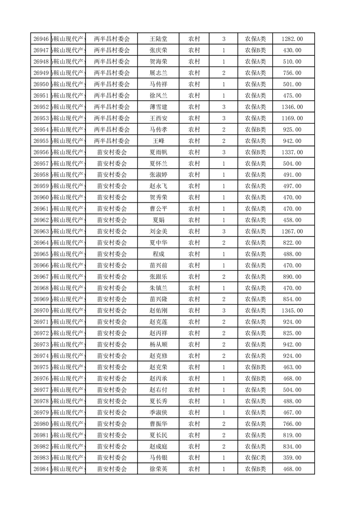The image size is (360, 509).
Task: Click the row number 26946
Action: coord(41,39)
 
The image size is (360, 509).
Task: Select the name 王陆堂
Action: coord(158,39)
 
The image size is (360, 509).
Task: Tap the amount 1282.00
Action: coord(292,39)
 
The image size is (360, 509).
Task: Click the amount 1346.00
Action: coord(292,107)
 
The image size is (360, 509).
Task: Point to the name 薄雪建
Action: coord(158,107)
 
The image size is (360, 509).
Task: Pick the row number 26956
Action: coord(41,152)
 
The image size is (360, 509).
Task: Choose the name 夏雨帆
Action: coord(158,152)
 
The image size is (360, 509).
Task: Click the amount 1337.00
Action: coord(292,152)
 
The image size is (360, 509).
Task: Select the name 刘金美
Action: coord(158,231)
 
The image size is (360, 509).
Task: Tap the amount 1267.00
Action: coord(292,231)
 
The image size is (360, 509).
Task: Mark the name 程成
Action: coord(158,254)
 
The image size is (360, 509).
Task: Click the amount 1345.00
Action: coord(292,311)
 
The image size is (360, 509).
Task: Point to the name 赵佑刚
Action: coord(158,311)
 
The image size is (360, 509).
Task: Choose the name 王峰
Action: coord(158,141)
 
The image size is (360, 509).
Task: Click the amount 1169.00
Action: coord(292,118)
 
